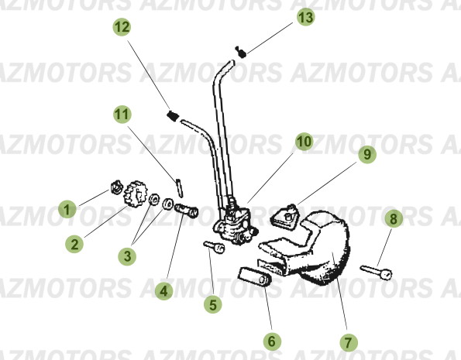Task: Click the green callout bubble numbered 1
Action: pos(68,208)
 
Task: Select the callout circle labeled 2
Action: pos(74,244)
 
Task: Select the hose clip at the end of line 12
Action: pos(173,116)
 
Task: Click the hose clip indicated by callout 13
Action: pos(241,53)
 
